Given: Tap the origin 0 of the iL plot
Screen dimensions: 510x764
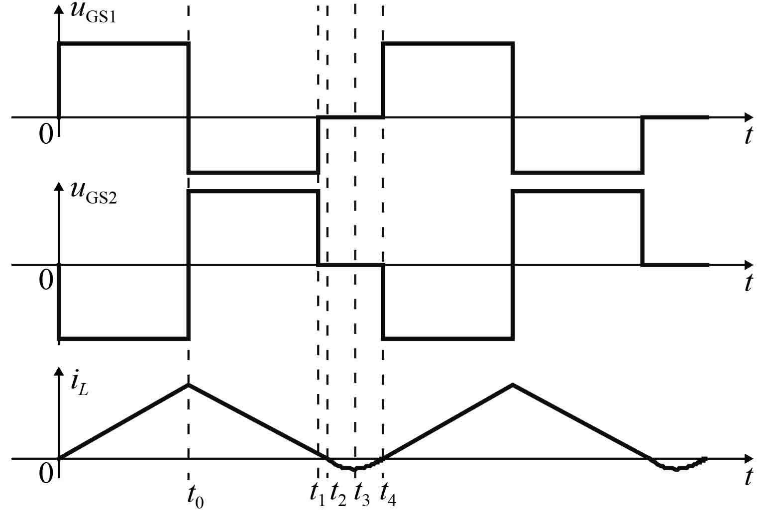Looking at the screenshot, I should pyautogui.click(x=45, y=474).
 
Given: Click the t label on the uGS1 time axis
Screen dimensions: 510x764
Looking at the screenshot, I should pyautogui.click(x=748, y=135).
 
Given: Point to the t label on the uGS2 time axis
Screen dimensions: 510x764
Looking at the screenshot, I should pyautogui.click(x=748, y=282).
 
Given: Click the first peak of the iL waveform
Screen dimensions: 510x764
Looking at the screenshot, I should pyautogui.click(x=189, y=384).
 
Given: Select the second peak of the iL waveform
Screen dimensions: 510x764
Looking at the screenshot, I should pyautogui.click(x=513, y=384).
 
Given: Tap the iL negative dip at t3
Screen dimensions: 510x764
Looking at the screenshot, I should pyautogui.click(x=354, y=469).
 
